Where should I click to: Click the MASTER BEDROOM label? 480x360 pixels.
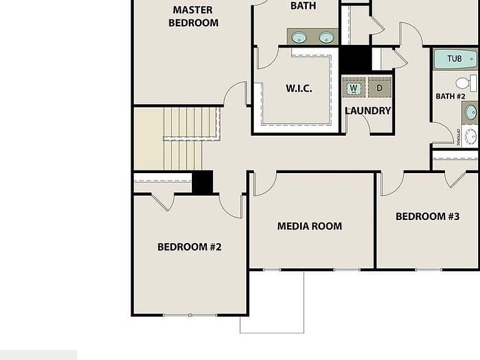(194, 16)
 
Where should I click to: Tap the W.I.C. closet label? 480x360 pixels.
(299, 89)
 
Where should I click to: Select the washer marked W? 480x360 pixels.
(354, 88)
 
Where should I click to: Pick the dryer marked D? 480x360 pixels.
(379, 88)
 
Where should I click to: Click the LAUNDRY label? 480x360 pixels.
(368, 111)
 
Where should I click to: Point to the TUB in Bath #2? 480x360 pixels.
(456, 59)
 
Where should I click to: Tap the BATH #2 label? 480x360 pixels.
(450, 96)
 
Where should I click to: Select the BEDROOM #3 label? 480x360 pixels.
(427, 216)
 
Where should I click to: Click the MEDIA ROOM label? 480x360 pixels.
(309, 226)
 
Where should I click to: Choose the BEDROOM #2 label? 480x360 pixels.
(189, 247)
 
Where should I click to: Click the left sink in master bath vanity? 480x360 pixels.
(299, 37)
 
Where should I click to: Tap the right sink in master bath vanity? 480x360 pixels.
(326, 37)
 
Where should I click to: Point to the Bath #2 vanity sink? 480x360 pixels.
(471, 112)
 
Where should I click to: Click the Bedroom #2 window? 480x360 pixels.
(190, 315)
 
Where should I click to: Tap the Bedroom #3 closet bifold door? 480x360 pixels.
(456, 180)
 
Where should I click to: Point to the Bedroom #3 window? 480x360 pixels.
(429, 270)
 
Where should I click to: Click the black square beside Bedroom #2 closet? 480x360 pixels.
(202, 182)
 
